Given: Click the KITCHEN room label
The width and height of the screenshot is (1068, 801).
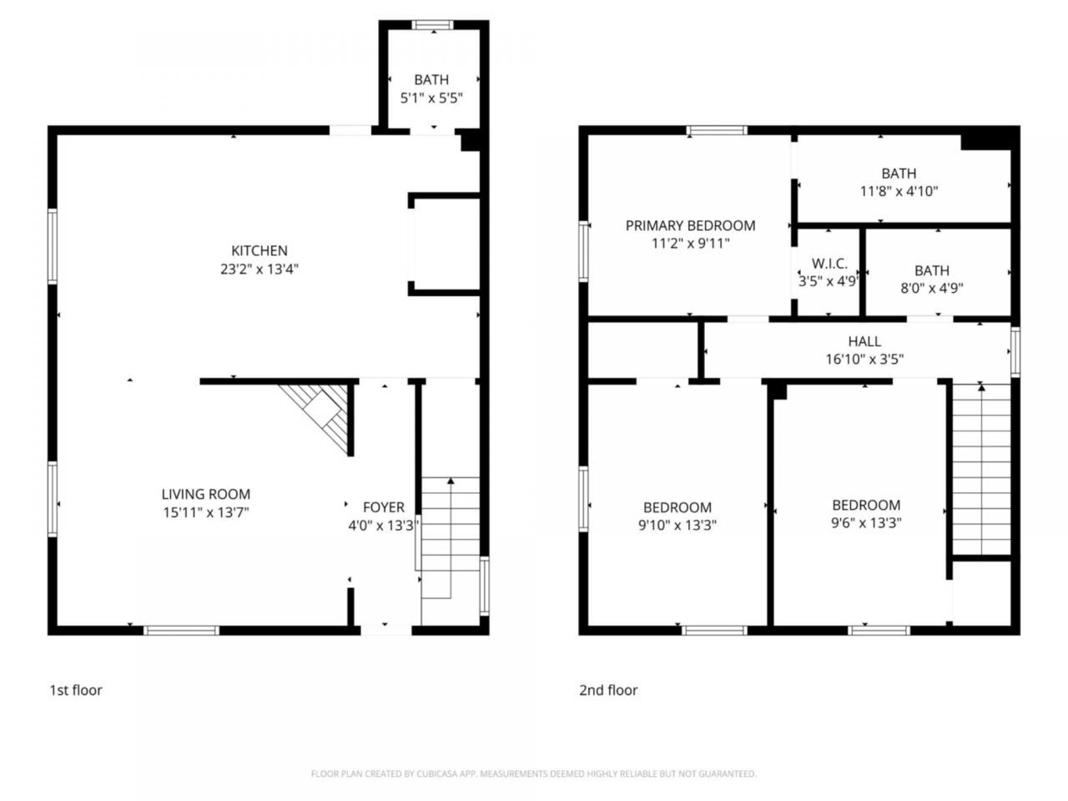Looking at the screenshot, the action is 259,250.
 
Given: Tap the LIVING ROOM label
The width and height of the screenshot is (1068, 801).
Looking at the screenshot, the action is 206,494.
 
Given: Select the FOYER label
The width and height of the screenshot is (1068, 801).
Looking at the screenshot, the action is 384,507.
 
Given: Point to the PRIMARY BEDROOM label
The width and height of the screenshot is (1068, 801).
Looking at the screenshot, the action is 690,225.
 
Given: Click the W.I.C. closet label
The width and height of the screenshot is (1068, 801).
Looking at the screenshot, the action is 829,264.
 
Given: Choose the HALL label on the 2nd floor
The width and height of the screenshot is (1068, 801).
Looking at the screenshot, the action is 864,341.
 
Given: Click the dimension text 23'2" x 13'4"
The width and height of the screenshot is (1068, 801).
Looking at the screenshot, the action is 259,269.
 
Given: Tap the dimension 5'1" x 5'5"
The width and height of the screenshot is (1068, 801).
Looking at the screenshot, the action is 431,98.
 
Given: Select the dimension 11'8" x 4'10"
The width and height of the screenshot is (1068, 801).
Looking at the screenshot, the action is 899,191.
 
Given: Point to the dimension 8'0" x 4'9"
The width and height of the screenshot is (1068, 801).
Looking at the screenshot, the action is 932,288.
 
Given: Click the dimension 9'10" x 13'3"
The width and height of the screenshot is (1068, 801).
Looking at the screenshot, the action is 678,526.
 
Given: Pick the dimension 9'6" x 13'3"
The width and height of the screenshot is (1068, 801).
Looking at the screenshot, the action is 866,523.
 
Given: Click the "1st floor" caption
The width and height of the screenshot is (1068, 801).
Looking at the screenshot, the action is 76,690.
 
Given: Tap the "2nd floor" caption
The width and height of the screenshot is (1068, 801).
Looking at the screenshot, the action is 608,690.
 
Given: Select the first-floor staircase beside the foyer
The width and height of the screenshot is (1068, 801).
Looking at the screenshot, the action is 450,537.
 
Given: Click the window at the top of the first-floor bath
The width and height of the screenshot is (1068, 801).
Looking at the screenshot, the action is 432,25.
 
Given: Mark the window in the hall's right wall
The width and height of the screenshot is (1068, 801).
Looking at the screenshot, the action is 1015,351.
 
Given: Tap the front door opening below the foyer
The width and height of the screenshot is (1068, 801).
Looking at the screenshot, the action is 385,630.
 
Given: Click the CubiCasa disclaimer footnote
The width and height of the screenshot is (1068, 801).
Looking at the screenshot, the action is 534,773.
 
